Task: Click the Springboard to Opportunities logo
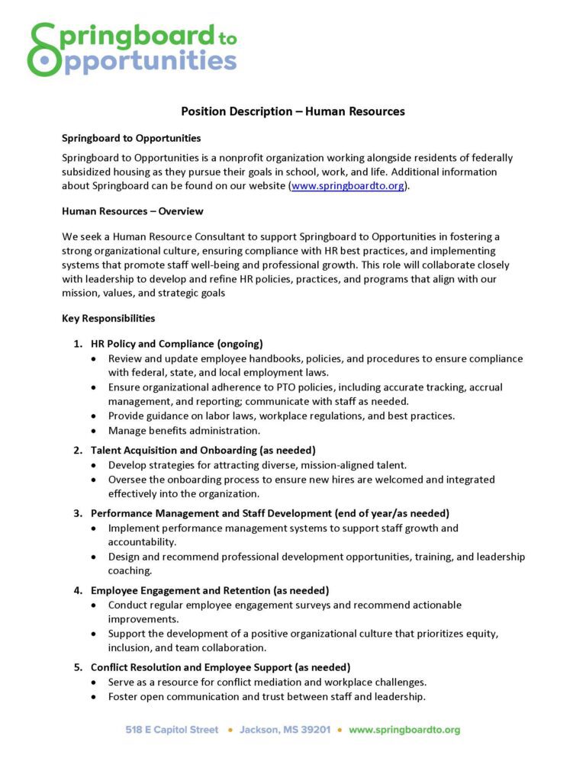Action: pyautogui.click(x=131, y=49)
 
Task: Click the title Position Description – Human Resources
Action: pyautogui.click(x=292, y=111)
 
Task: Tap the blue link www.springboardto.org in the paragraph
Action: pyautogui.click(x=347, y=186)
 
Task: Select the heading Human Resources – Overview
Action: pyautogui.click(x=132, y=211)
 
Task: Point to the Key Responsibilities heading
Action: pyautogui.click(x=108, y=318)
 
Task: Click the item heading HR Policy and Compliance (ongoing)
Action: pyautogui.click(x=176, y=344)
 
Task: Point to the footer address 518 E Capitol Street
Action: pyautogui.click(x=172, y=730)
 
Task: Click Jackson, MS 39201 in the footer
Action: pyautogui.click(x=285, y=730)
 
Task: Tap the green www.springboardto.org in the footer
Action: pyautogui.click(x=404, y=730)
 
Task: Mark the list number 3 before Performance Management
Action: pyautogui.click(x=78, y=512)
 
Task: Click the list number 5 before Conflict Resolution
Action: pyautogui.click(x=78, y=667)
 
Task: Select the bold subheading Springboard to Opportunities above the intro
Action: pyautogui.click(x=131, y=138)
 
